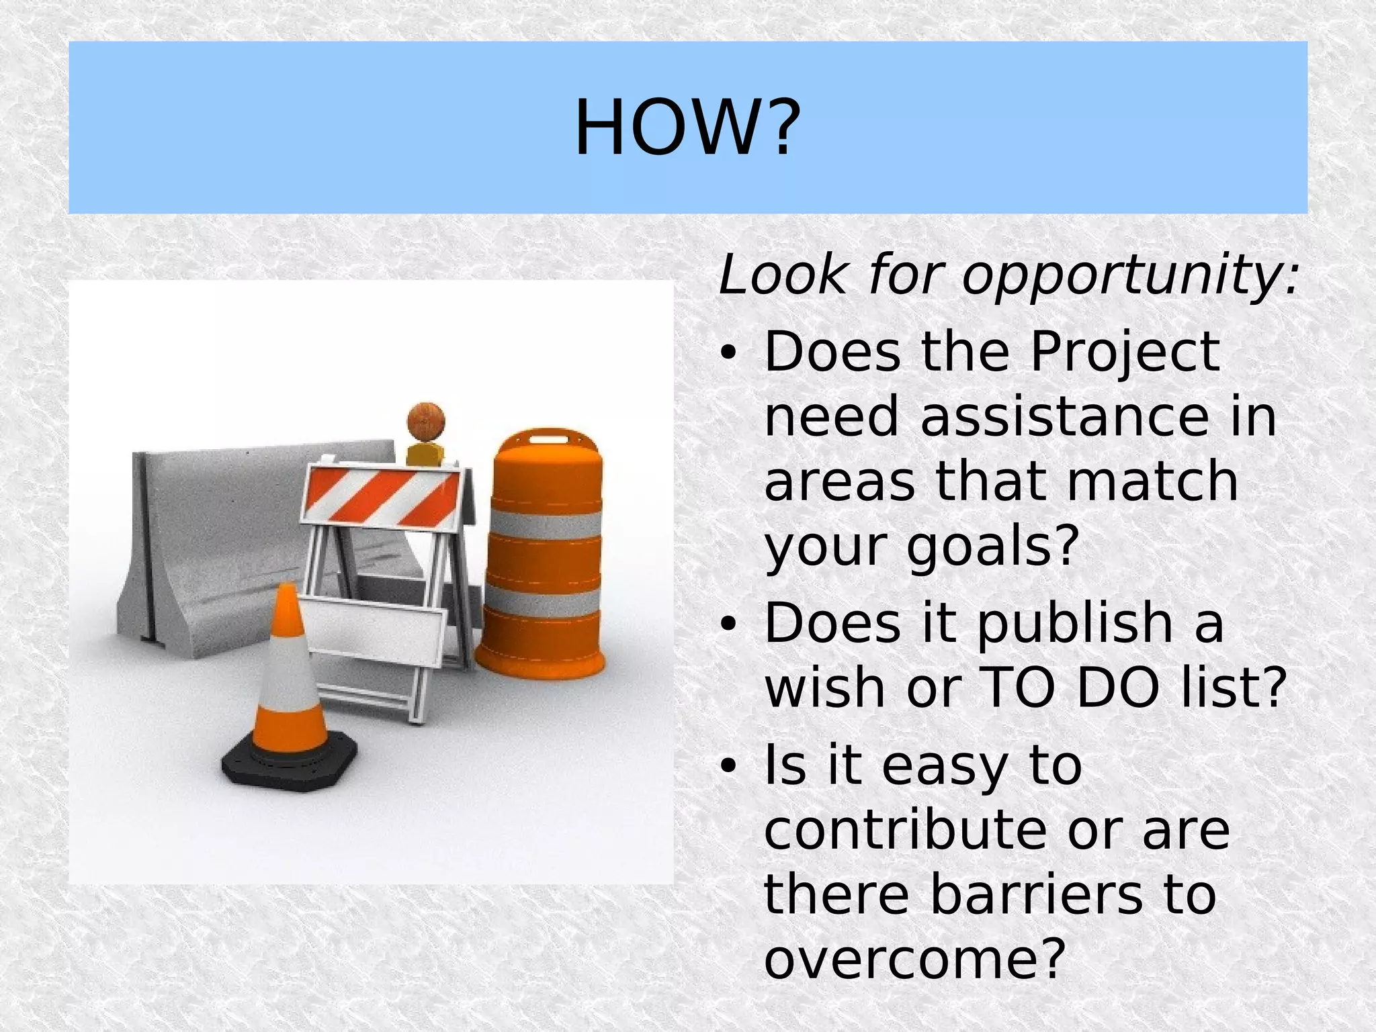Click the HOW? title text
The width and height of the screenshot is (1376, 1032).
(687, 128)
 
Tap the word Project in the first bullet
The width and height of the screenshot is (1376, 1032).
(1125, 352)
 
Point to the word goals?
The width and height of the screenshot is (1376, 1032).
(993, 547)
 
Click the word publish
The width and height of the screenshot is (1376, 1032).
(1074, 623)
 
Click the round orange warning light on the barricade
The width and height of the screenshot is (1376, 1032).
(426, 421)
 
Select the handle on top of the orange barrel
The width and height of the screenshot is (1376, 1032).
(548, 440)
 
